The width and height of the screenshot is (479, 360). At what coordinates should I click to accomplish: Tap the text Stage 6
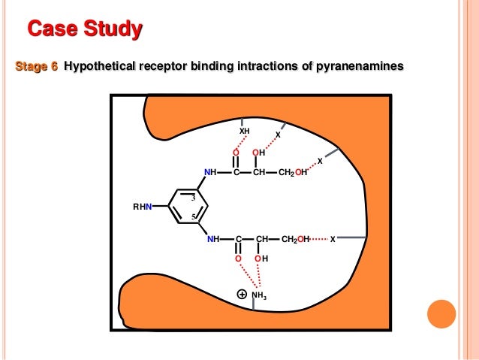(x=37, y=67)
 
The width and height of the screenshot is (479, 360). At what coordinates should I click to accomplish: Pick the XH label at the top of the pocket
(x=244, y=132)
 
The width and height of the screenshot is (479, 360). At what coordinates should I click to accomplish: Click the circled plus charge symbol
(x=242, y=294)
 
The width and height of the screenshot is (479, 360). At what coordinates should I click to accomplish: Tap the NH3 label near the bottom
(x=259, y=295)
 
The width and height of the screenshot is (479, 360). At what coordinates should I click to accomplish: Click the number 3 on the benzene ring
(x=193, y=198)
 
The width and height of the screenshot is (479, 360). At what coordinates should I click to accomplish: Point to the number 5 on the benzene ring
(x=193, y=217)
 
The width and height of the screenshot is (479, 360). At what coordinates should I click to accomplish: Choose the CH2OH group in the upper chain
(x=292, y=173)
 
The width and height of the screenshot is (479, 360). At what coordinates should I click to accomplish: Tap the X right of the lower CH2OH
(x=333, y=240)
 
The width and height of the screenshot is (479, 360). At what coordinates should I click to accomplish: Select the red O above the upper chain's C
(x=236, y=153)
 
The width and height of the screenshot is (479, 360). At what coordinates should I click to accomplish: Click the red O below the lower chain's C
(x=238, y=259)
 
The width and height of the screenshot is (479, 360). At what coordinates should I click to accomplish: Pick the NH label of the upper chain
(x=210, y=173)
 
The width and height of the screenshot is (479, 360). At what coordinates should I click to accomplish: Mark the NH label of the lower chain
(x=213, y=240)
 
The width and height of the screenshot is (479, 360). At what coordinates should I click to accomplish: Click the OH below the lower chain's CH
(x=261, y=259)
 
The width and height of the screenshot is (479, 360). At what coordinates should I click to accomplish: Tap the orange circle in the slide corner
(x=441, y=314)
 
